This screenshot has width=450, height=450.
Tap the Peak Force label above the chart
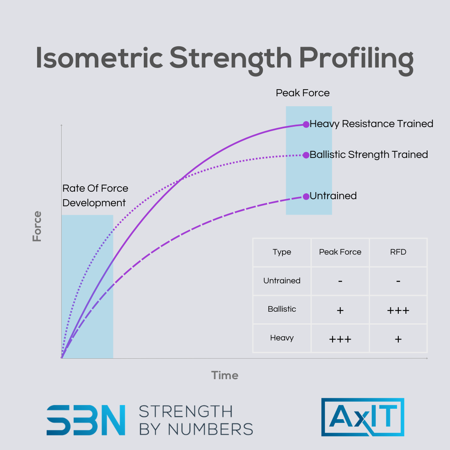pos(302,93)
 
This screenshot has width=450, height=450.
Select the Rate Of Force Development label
pos(95,195)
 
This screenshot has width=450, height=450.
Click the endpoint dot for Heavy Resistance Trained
pos(306,124)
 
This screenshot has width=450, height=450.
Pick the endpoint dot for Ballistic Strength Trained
pos(306,155)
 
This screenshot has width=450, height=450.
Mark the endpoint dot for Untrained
pos(306,196)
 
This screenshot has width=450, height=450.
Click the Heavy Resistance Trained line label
pos(371,124)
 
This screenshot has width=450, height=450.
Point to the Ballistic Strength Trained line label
pos(369,155)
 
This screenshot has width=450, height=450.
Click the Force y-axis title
pos(37,226)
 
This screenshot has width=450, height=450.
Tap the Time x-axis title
pos(225,375)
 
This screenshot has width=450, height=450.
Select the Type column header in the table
pos(282,252)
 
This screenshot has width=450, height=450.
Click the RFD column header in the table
pos(398,252)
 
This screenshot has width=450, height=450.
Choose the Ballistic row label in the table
pos(282,309)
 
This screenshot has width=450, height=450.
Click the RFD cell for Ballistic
pos(398,310)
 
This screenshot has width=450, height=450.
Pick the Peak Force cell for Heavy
pos(340,339)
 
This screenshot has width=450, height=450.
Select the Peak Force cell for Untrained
pos(340,281)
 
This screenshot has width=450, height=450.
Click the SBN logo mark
pos(86,420)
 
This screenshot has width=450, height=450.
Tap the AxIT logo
pos(362,417)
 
